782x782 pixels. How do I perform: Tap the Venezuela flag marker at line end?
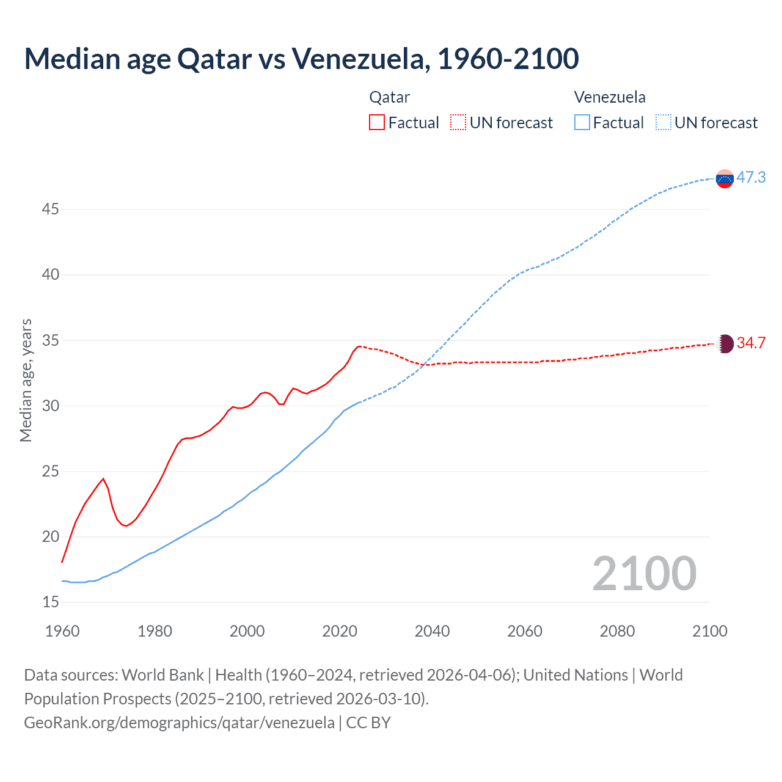[725, 179]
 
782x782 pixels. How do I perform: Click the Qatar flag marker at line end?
[725, 343]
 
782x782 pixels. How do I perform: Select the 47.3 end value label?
[751, 178]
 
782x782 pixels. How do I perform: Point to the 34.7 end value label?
[751, 343]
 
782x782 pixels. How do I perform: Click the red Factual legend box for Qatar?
[377, 123]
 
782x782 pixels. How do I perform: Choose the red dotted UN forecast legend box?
[458, 123]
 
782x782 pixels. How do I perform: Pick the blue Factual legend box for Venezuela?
[582, 123]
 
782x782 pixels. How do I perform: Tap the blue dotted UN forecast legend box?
[663, 123]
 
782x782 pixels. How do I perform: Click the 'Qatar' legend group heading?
[389, 97]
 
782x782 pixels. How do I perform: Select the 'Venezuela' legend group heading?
[610, 97]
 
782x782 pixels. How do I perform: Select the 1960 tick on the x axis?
[62, 631]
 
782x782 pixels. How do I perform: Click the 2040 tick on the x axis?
[432, 631]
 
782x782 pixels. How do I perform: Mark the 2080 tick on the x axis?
[617, 631]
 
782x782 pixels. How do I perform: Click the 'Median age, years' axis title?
[26, 380]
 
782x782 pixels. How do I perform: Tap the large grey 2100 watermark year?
[644, 574]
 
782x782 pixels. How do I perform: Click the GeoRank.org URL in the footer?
[179, 723]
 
